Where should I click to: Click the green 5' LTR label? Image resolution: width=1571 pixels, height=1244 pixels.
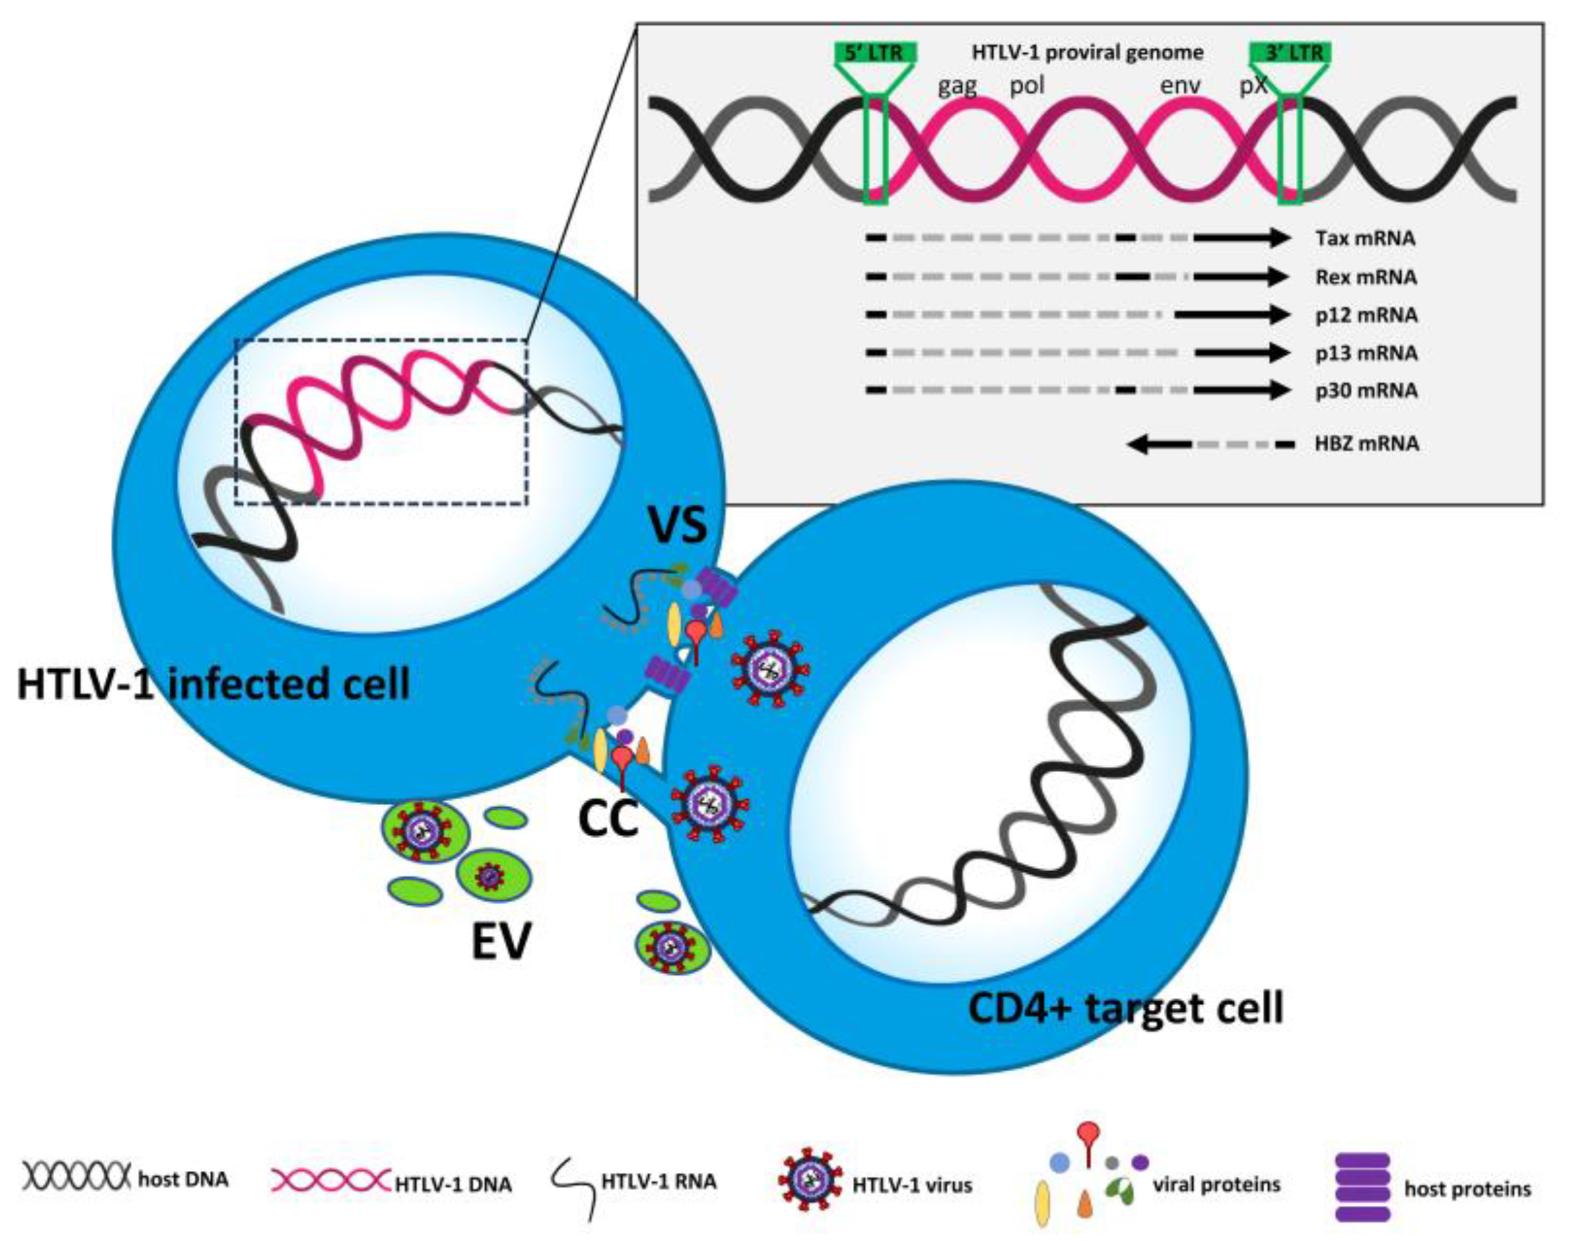pos(874,53)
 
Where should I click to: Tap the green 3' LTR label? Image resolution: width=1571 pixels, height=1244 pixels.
pos(1291,53)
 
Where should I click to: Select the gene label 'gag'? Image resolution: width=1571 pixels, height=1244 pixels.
pos(956,86)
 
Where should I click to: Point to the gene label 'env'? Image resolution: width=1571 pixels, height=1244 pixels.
pos(1180,86)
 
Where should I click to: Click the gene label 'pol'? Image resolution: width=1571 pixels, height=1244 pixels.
pos(1026,86)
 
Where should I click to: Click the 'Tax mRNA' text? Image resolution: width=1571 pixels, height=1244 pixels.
pos(1365,238)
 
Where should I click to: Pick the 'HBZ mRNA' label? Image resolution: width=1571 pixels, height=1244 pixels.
pos(1366,443)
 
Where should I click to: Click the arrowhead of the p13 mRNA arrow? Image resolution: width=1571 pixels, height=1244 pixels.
pos(1278,353)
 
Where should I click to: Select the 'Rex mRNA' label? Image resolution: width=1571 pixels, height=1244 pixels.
pos(1366,277)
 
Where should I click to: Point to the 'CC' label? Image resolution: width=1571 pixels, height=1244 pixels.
pos(607,819)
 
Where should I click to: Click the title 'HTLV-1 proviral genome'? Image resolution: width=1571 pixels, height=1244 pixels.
pos(1087,52)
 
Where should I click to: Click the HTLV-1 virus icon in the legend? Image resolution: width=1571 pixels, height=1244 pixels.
pos(809,1184)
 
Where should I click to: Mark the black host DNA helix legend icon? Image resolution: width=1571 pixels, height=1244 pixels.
pos(76,1175)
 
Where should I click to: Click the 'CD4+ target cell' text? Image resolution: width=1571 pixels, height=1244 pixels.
pos(1125,1009)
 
